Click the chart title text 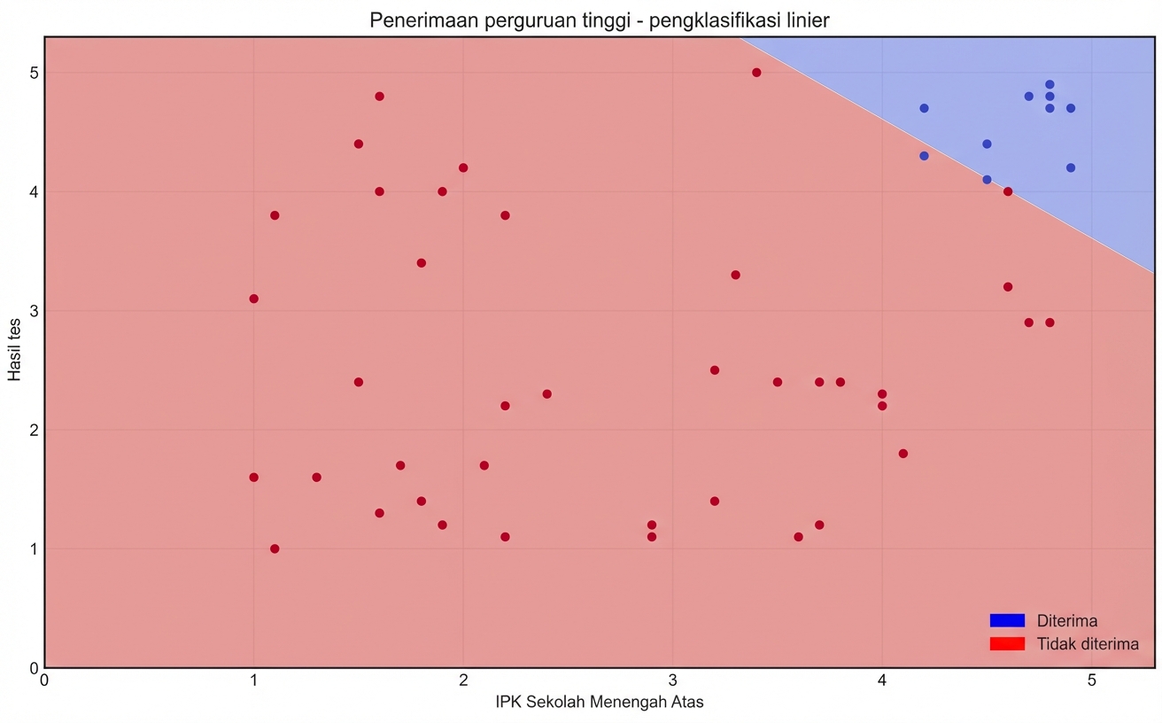point(599,19)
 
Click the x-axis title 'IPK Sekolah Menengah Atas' point(600,703)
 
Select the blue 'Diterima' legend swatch point(1007,620)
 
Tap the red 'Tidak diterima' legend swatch point(1007,643)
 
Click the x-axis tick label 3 point(673,680)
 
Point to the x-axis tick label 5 point(1092,680)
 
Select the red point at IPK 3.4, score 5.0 point(756,73)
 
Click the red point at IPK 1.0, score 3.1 point(254,299)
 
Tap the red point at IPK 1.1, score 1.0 point(275,548)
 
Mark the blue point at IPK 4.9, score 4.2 point(1071,167)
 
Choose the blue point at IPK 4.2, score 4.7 point(924,108)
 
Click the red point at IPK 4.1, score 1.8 point(903,454)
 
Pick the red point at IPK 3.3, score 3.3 point(735,275)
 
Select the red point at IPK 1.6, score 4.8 point(379,97)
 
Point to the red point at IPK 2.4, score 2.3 point(546,393)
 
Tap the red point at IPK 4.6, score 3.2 point(1008,287)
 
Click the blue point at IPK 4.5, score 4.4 point(987,144)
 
